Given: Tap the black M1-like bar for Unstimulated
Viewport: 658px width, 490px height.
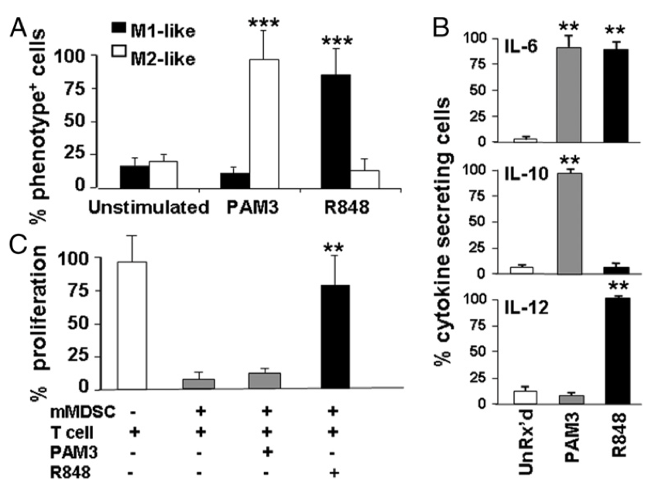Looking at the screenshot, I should pos(134,176).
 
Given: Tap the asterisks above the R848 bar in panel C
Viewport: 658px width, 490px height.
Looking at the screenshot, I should pos(335,249).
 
